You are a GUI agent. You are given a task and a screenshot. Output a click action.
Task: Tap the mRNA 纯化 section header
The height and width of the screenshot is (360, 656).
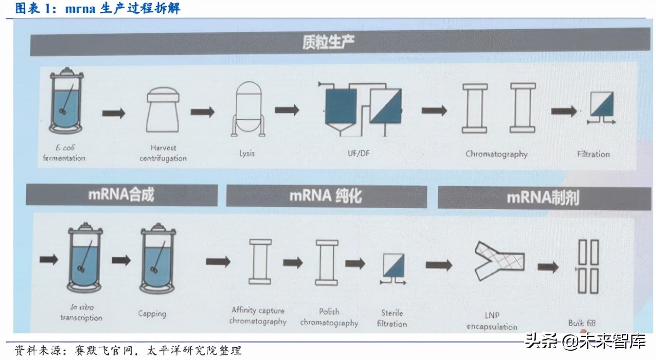click(x=326, y=196)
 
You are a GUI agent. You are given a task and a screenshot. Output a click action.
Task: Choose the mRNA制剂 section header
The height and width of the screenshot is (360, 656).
click(x=543, y=197)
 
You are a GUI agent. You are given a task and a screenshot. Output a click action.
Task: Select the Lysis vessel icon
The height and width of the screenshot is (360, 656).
click(x=248, y=109)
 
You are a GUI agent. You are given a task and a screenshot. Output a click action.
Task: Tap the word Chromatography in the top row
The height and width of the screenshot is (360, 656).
click(x=496, y=153)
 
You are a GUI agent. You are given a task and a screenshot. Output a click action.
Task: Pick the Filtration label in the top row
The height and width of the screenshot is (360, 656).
click(x=594, y=154)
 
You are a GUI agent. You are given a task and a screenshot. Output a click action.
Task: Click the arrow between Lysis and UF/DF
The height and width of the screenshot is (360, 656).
click(x=287, y=110)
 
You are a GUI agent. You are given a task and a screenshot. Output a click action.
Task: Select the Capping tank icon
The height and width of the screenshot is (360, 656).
click(x=158, y=261)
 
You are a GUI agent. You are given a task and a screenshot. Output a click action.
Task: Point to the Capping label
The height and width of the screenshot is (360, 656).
click(x=152, y=313)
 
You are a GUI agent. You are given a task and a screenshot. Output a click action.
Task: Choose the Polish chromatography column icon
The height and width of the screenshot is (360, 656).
click(x=326, y=262)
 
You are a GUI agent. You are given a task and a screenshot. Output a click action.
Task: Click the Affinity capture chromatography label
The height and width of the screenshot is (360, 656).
click(x=258, y=316)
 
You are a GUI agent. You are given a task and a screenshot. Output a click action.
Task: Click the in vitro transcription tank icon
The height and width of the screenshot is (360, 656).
click(x=85, y=261)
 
